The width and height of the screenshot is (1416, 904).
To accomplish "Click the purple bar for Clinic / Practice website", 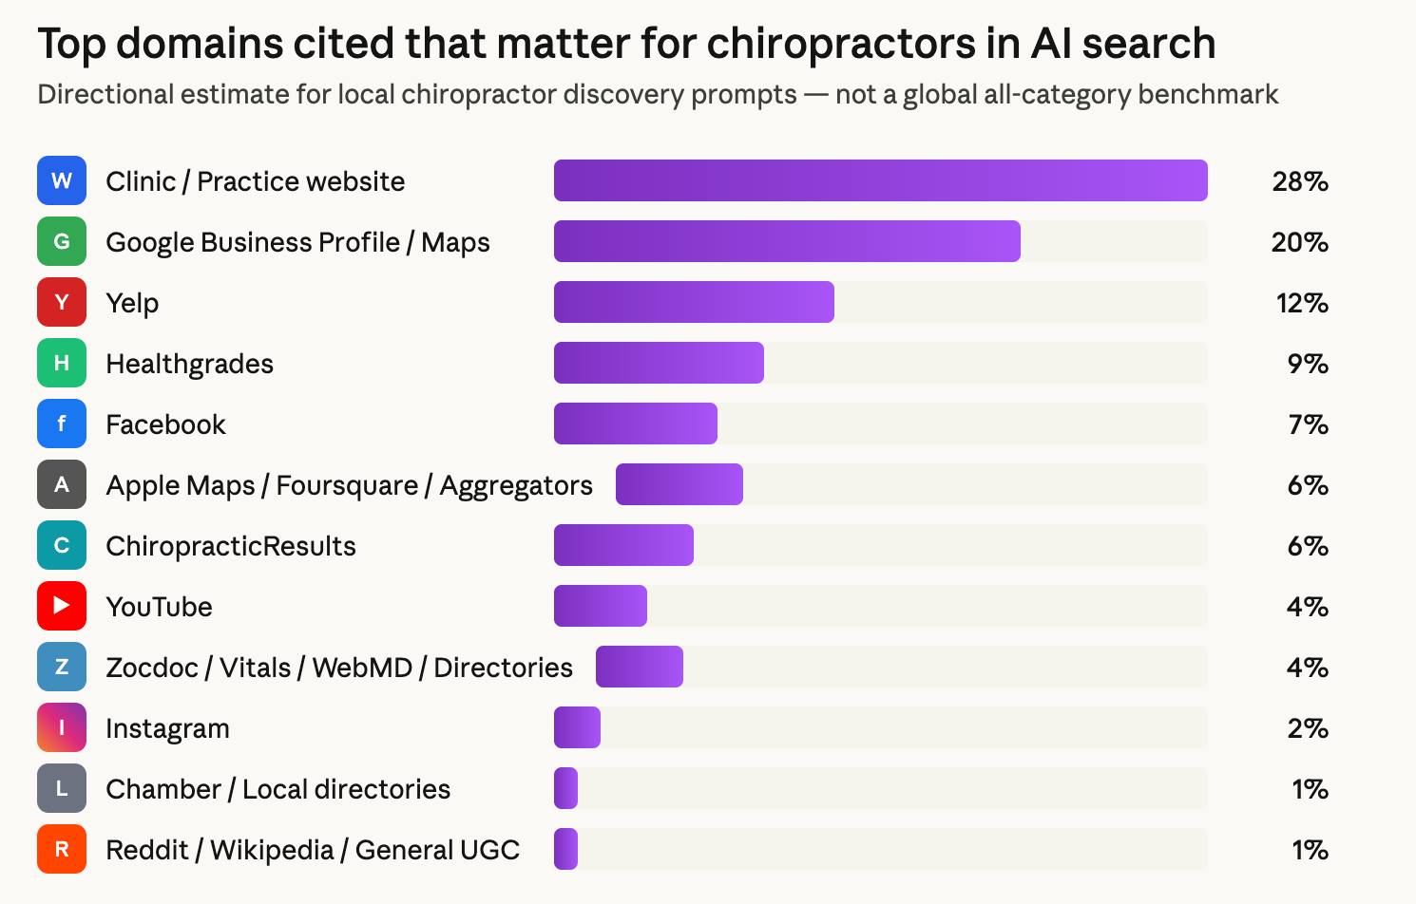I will pyautogui.click(x=880, y=180).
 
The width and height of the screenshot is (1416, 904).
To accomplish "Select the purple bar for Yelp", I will pyautogui.click(x=694, y=302).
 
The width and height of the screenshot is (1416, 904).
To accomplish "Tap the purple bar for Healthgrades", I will pyautogui.click(x=659, y=363).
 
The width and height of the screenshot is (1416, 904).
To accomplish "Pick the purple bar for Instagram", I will pyautogui.click(x=577, y=727).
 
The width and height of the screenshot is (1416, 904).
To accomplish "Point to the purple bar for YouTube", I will pyautogui.click(x=601, y=606).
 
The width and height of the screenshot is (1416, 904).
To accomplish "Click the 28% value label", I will pyautogui.click(x=1299, y=181).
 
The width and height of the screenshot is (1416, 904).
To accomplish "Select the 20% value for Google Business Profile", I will pyautogui.click(x=1299, y=242).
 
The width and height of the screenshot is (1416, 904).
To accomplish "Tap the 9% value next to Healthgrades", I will pyautogui.click(x=1307, y=364).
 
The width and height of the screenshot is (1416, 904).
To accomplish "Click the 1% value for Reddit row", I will pyautogui.click(x=1309, y=850).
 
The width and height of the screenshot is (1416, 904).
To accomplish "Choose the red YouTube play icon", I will pyautogui.click(x=62, y=606).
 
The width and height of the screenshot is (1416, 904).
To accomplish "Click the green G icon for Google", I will pyautogui.click(x=62, y=241).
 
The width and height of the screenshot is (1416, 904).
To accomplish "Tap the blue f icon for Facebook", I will pyautogui.click(x=62, y=424).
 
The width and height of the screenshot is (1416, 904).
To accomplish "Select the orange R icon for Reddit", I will pyautogui.click(x=62, y=849).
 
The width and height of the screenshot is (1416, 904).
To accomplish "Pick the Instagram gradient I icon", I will pyautogui.click(x=62, y=727).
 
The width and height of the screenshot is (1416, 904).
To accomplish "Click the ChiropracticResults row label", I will pyautogui.click(x=231, y=546).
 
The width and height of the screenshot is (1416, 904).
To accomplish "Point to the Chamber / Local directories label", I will pyautogui.click(x=277, y=789).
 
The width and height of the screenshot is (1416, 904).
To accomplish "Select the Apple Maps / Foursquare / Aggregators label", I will pyautogui.click(x=349, y=485).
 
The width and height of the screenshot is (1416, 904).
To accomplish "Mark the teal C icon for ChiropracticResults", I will pyautogui.click(x=62, y=545).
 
